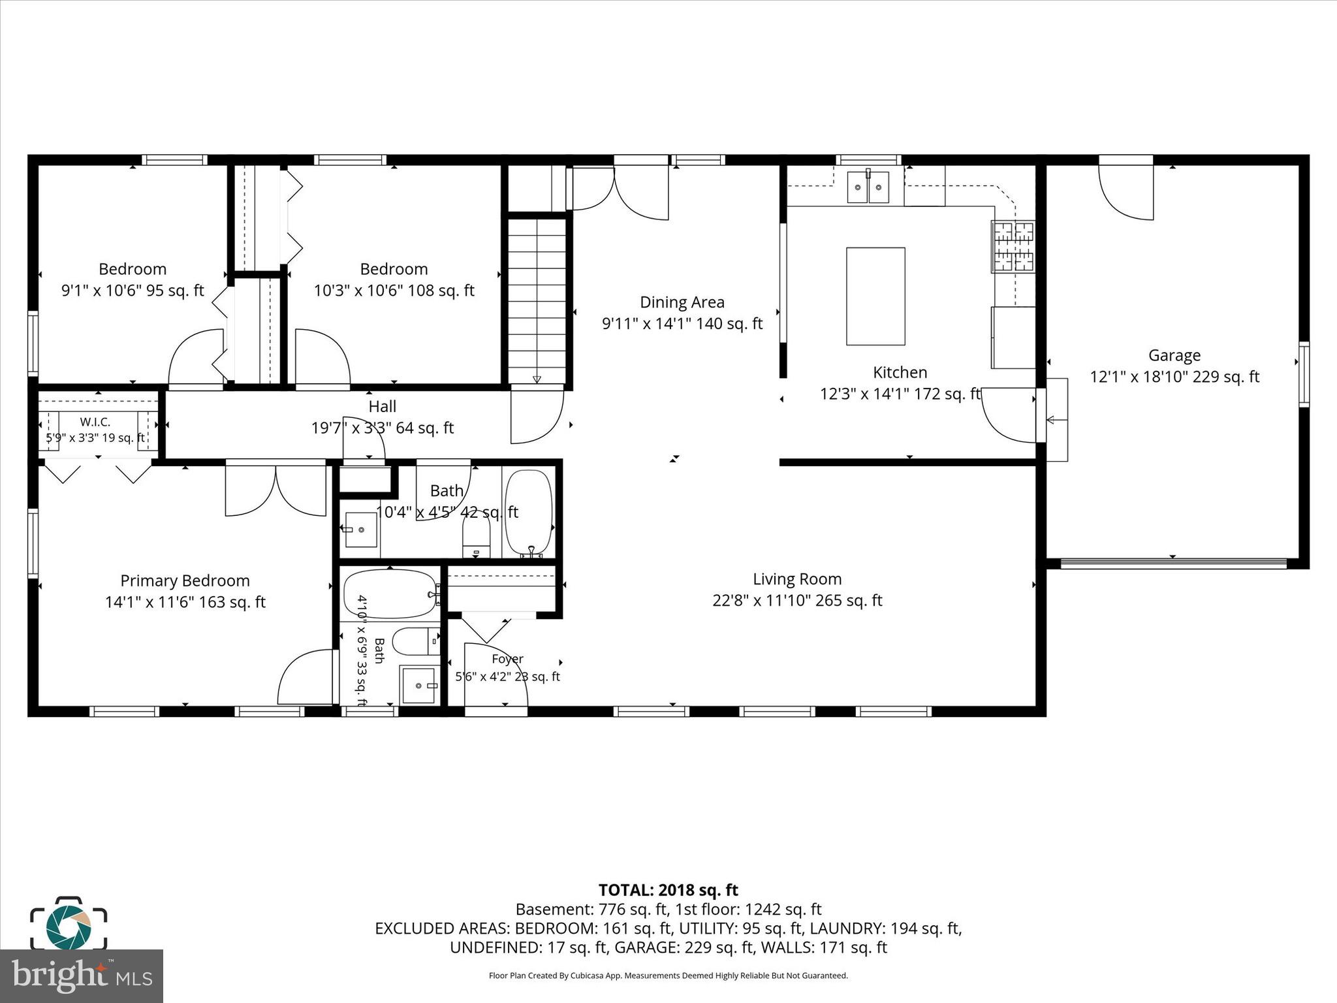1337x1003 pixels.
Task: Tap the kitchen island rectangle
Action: (x=875, y=296)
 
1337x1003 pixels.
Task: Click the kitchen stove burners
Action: (x=1013, y=246)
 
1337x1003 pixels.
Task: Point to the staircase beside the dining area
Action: (x=537, y=300)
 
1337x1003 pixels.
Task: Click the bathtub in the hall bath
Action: (x=529, y=513)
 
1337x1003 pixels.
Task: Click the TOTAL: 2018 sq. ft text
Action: (x=668, y=890)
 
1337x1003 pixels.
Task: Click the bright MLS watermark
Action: (x=82, y=976)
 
